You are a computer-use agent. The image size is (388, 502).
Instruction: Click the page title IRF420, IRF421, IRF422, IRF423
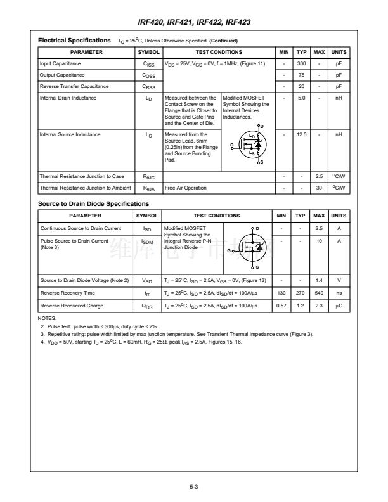(194, 22)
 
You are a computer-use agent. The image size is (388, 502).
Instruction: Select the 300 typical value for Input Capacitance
(302, 64)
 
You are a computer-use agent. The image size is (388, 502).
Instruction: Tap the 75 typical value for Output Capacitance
(302, 75)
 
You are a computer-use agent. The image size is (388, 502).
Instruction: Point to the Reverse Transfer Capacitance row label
(74, 86)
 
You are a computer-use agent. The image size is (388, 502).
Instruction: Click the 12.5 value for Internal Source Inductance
(302, 134)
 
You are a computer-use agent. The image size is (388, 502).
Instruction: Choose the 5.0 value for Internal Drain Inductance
(302, 98)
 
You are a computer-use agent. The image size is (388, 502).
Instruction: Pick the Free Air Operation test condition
(186, 188)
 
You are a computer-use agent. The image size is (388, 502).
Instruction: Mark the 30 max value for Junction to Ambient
(320, 188)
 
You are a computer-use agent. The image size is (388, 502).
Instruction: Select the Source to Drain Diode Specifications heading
(93, 204)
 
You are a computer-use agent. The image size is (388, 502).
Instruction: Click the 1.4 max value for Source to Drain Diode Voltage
(320, 280)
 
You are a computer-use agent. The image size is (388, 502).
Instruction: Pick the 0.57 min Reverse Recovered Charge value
(282, 306)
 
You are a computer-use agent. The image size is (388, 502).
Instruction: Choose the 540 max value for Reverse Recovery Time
(320, 293)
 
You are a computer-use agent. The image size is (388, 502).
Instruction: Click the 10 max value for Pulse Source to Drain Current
(320, 241)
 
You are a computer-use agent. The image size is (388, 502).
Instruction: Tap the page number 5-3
(194, 487)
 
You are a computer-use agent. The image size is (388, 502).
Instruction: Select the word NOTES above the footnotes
(48, 318)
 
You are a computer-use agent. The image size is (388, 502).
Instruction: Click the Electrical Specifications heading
(74, 41)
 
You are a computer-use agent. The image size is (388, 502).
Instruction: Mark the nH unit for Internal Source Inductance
(339, 134)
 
